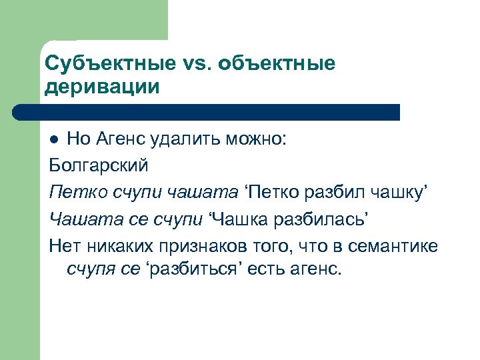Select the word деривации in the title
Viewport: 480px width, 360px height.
pos(102,87)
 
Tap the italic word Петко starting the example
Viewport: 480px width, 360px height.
pos(71,192)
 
